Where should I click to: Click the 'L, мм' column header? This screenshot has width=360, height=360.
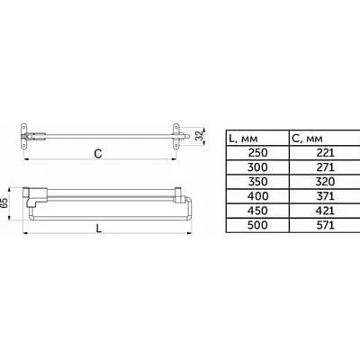click(243, 139)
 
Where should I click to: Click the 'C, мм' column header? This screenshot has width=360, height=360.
click(307, 139)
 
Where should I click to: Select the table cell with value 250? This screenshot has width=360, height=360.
click(257, 153)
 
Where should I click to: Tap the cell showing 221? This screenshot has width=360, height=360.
click(325, 153)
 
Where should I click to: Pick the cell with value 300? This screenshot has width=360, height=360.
click(257, 167)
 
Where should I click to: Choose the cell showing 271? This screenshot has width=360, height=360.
click(325, 167)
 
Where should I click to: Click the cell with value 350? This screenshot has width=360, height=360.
click(257, 182)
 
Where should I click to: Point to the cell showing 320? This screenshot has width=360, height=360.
click(325, 182)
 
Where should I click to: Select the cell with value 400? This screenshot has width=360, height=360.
click(257, 196)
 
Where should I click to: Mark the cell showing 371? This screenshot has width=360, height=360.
click(325, 196)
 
